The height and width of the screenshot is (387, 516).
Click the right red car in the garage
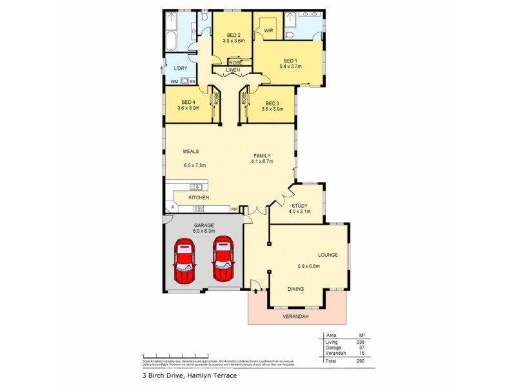pyautogui.click(x=223, y=259)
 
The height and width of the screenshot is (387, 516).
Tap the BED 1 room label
pyautogui.click(x=292, y=61)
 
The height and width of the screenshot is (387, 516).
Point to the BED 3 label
pyautogui.click(x=272, y=103)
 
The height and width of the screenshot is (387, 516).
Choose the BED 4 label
pyautogui.click(x=188, y=103)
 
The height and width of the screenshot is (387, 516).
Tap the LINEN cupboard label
pyautogui.click(x=233, y=69)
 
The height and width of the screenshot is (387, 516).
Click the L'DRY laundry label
pyautogui.click(x=181, y=67)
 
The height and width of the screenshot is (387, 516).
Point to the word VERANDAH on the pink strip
pyautogui.click(x=297, y=317)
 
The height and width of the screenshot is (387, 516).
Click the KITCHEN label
pyautogui.click(x=198, y=197)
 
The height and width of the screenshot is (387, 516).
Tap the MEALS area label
pyautogui.click(x=190, y=152)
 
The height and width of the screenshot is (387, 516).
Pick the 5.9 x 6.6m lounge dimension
pyautogui.click(x=308, y=266)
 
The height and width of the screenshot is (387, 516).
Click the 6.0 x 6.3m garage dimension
pyautogui.click(x=203, y=231)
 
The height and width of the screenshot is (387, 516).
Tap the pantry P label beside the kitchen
pyautogui.click(x=172, y=208)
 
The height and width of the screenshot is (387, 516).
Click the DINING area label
pyautogui.click(x=297, y=290)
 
